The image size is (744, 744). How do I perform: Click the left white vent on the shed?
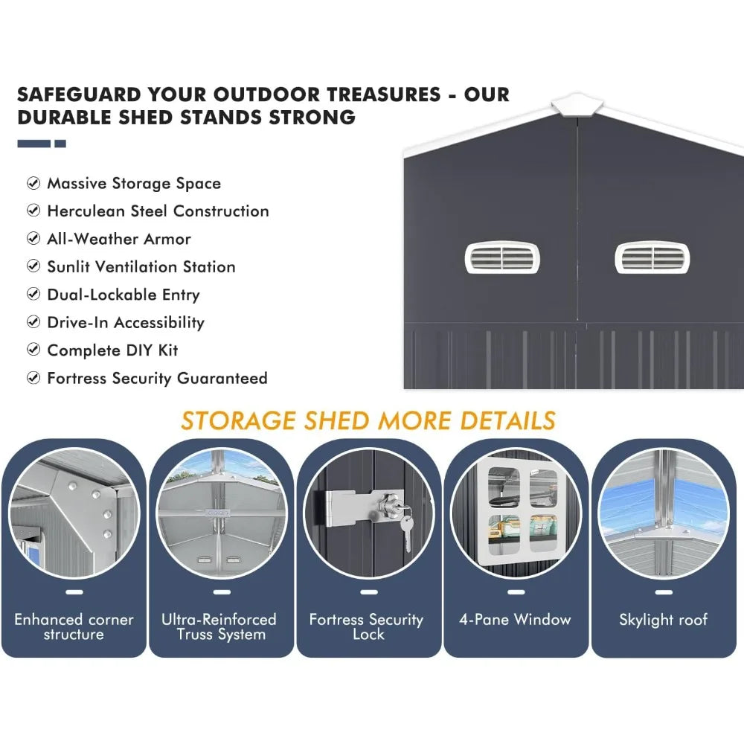pos(502,257)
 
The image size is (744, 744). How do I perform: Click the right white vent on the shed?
pos(652,257)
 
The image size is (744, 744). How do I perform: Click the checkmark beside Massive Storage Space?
pos(33,183)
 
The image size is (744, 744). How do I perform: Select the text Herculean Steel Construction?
pos(158,211)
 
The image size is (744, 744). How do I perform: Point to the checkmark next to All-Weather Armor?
pos(33,239)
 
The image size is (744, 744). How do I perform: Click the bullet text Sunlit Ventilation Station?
pos(141,267)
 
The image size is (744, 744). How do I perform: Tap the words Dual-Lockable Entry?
pos(124,295)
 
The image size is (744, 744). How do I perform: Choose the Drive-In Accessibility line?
pos(126,323)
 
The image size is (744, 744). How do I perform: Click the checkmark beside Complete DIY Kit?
pos(33,350)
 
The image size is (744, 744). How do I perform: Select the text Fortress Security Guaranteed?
pos(157,379)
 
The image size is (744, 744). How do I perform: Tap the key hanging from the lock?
pos(406,533)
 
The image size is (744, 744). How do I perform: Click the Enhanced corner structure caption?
pos(74,626)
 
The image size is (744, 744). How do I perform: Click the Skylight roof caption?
pos(663,620)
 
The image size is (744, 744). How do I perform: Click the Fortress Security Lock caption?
pos(366,626)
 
